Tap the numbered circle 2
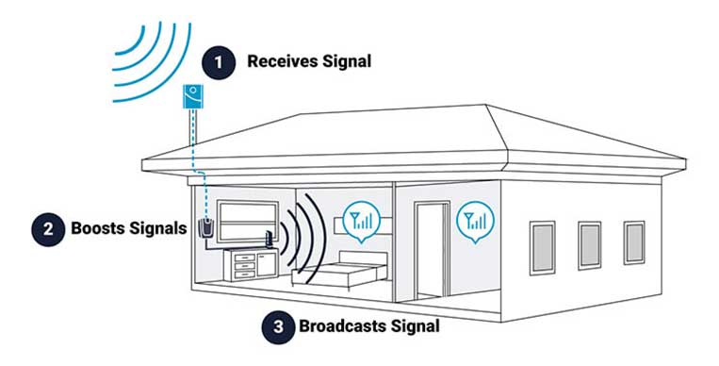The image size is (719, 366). (x=43, y=228)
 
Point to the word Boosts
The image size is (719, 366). (x=100, y=228)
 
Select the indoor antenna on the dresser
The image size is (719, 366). (x=270, y=242)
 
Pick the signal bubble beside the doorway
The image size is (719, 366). (x=473, y=224)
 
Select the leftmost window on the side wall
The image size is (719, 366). (x=543, y=244)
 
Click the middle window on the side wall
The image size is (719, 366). (x=590, y=244)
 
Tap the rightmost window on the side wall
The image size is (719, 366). (x=634, y=242)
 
